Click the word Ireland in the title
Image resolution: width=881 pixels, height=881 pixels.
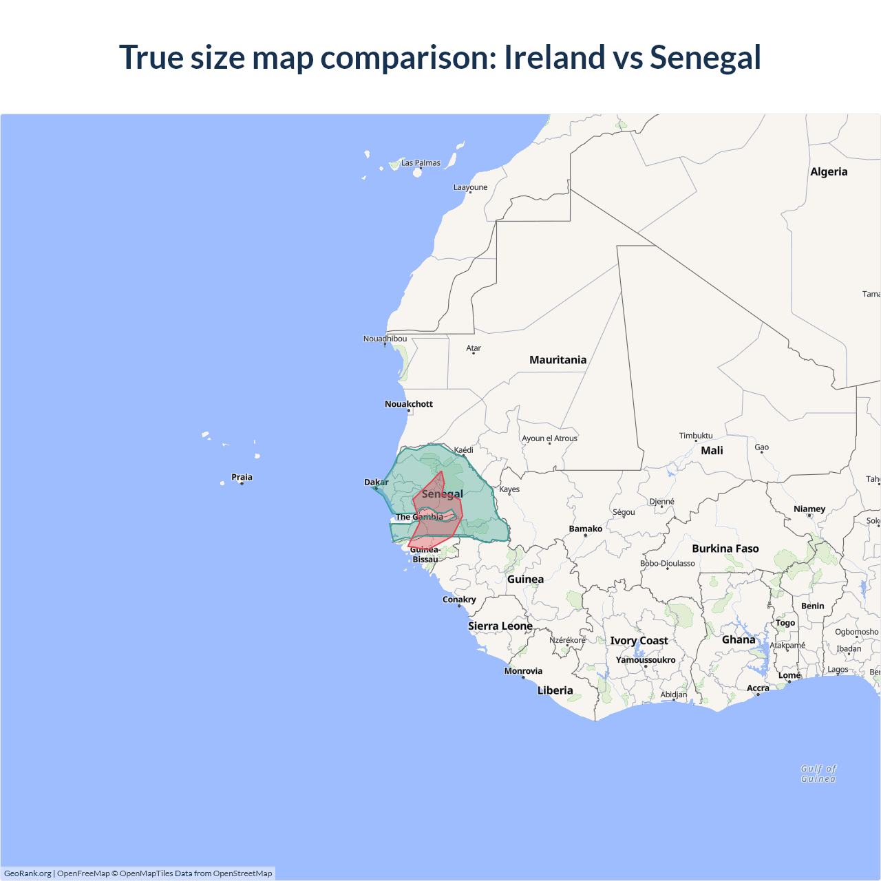(x=554, y=57)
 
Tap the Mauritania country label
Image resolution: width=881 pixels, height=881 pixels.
(x=558, y=360)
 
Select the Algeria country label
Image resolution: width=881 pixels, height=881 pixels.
(x=829, y=172)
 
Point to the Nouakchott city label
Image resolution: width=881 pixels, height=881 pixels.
(x=409, y=404)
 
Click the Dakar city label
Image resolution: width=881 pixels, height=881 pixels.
(x=376, y=482)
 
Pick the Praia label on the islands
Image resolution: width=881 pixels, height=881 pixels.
(x=242, y=477)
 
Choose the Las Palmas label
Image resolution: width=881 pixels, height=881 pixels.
(x=421, y=163)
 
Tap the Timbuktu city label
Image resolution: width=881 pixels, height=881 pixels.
(x=696, y=436)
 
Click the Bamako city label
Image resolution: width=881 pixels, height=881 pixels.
(x=586, y=529)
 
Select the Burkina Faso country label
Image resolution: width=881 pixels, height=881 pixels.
(x=725, y=549)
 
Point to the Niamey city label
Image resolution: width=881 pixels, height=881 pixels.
(x=809, y=509)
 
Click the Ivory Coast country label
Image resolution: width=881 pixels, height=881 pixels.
(x=639, y=641)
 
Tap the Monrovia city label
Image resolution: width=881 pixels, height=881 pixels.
(x=523, y=671)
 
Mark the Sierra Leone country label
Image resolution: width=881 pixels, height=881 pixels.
(x=500, y=626)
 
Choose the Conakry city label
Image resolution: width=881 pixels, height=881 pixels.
(x=459, y=599)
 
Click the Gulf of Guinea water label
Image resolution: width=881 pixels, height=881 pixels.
(x=818, y=774)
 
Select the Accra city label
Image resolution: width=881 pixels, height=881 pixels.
(x=758, y=688)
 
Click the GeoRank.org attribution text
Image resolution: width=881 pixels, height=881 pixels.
(x=28, y=873)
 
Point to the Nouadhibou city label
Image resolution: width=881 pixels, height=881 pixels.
(x=385, y=339)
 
